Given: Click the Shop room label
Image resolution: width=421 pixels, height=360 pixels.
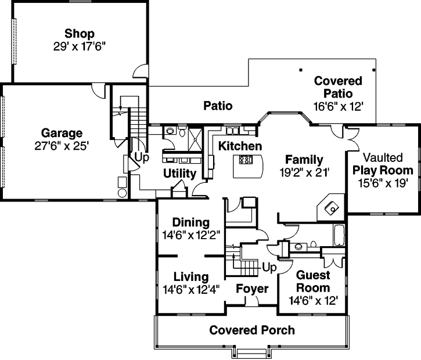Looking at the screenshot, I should point(80,34).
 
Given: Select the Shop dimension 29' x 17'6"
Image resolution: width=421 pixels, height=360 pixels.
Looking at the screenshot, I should point(80,45).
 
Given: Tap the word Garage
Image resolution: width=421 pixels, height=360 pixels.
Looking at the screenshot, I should point(62,133).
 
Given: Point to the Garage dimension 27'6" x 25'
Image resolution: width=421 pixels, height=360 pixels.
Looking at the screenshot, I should point(62,146).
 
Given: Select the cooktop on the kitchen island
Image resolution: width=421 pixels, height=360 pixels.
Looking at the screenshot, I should point(245,160).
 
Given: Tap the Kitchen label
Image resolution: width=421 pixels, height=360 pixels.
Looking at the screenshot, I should point(240,146).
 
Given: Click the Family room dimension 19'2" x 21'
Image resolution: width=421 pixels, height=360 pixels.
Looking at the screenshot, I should point(304,172).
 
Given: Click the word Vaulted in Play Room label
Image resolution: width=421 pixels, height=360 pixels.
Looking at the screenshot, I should point(383,158).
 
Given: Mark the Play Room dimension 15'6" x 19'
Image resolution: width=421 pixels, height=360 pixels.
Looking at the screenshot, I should point(383,183).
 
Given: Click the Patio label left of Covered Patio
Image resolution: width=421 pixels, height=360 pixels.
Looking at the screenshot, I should point(218,106).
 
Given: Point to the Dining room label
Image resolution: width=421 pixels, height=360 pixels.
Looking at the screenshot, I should point(190,222).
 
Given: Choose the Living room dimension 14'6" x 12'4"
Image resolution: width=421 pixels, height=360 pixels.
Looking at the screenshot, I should point(190,289).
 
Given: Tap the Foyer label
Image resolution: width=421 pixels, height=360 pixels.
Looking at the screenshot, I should point(252,289).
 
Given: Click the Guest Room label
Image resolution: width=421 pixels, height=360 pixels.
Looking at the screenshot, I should point(313,282).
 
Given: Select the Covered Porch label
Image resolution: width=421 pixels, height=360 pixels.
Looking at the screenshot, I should point(252,330).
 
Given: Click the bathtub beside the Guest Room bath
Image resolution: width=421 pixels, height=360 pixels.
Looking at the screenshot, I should point(338,236).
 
